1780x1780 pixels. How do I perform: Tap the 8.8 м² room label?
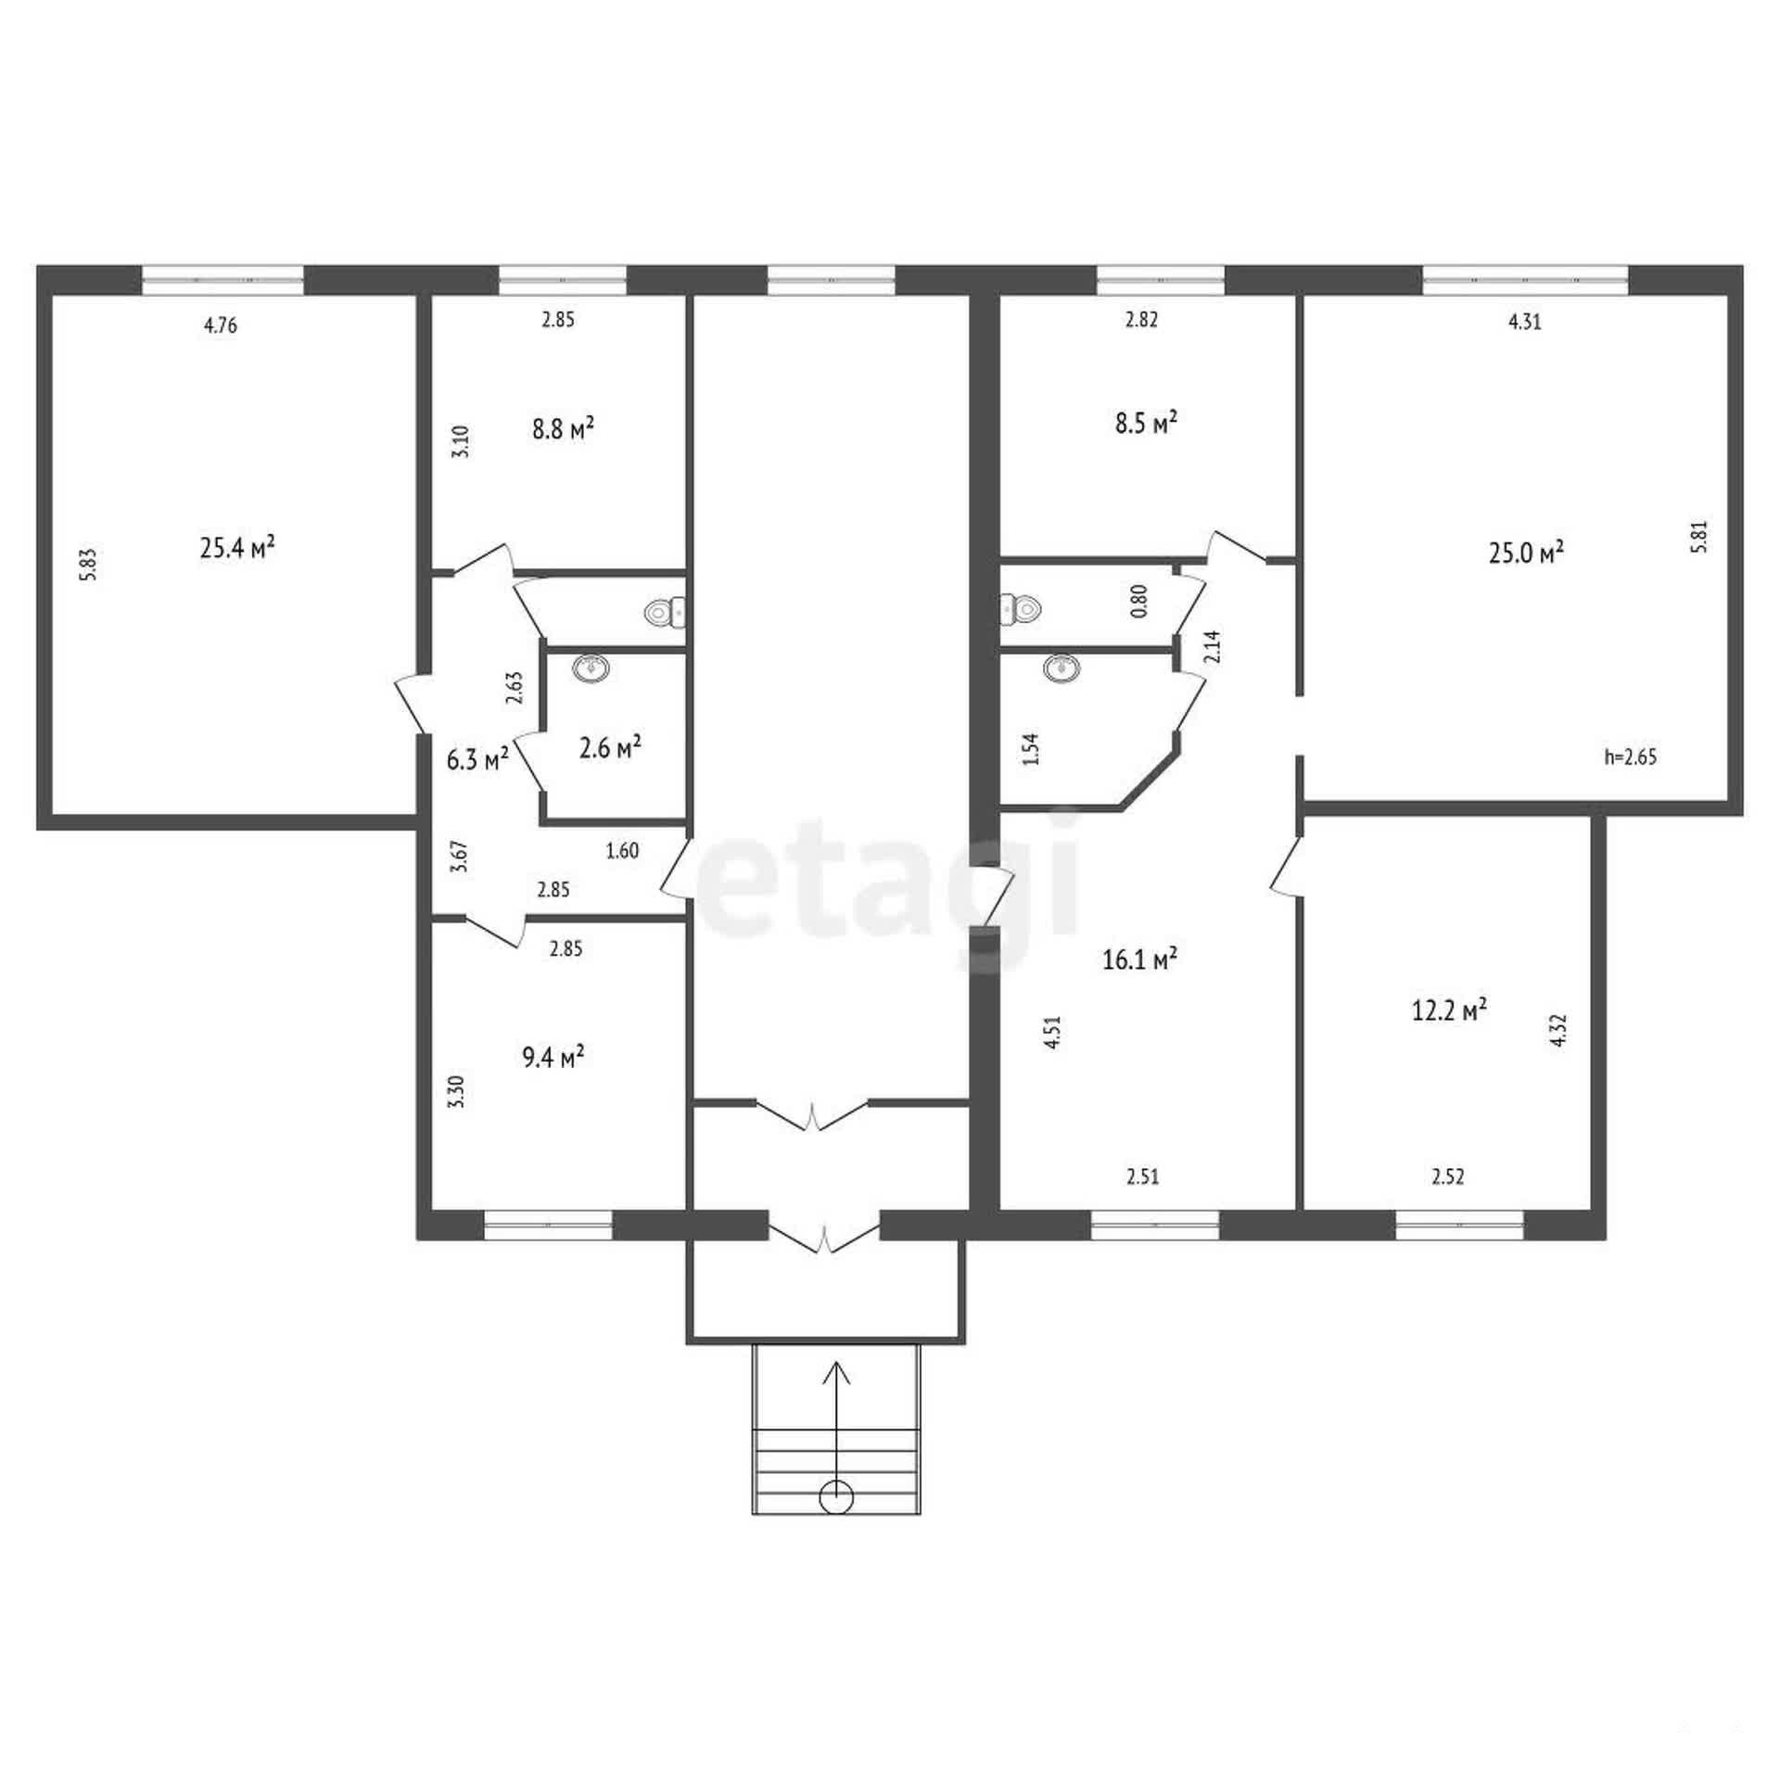(x=563, y=429)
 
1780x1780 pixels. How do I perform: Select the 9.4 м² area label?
(x=553, y=1056)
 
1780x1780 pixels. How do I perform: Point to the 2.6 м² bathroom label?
(x=611, y=747)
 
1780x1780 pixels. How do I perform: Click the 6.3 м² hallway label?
(x=477, y=759)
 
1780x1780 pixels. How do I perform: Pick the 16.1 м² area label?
(x=1139, y=959)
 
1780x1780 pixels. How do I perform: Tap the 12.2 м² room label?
(x=1449, y=1010)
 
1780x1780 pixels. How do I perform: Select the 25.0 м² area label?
(x=1526, y=553)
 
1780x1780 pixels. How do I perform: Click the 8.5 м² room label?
(x=1146, y=423)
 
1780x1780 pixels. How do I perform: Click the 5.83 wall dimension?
(x=88, y=565)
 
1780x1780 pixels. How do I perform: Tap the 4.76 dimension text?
(x=220, y=325)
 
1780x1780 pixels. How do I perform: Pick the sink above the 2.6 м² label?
(x=591, y=667)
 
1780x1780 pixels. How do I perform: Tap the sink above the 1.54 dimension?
(x=1061, y=667)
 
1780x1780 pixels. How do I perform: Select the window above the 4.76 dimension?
(x=222, y=279)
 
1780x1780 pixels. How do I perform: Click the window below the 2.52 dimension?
(x=1459, y=1225)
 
